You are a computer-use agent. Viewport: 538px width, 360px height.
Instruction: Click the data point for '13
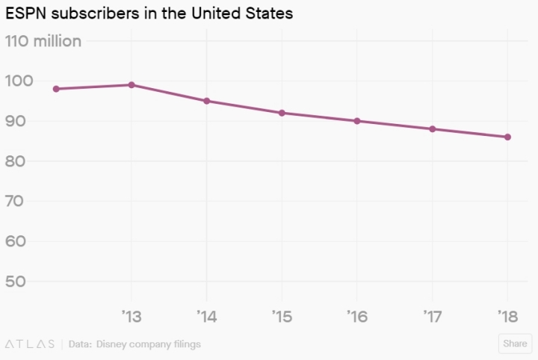coord(132,84)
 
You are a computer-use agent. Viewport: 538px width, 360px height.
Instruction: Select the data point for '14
coord(206,101)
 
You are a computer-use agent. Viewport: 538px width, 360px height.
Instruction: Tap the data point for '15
coord(282,113)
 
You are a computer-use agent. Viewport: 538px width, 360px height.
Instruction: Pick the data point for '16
coord(357,121)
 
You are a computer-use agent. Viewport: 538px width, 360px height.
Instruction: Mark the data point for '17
coord(432,128)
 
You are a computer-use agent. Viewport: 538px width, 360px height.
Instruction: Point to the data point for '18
coord(507,137)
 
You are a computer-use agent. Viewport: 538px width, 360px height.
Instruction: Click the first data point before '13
coord(56,89)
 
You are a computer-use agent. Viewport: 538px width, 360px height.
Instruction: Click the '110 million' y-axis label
coord(43,41)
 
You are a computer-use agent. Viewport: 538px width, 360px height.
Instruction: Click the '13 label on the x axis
coord(132,317)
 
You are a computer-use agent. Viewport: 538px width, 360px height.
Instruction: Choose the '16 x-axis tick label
coord(357,317)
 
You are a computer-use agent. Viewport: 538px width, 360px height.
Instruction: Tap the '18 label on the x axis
coord(507,317)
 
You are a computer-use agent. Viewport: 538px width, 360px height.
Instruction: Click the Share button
coord(515,344)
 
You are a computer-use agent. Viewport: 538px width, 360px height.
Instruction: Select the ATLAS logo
coord(30,344)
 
